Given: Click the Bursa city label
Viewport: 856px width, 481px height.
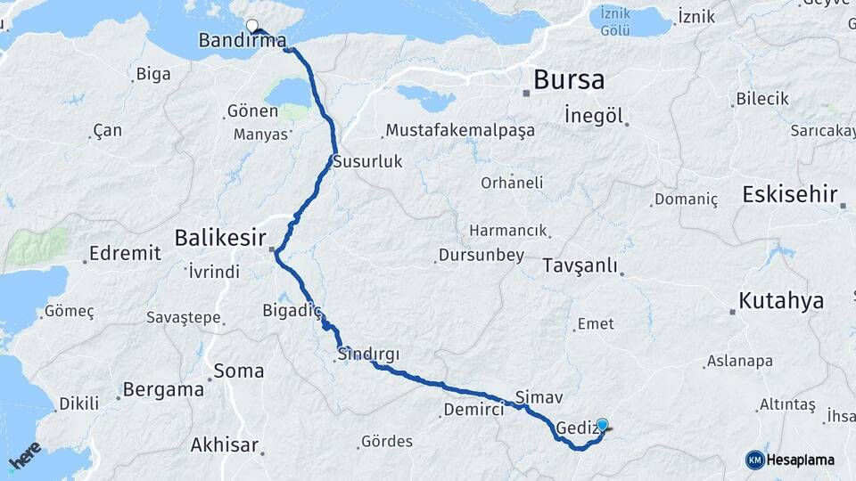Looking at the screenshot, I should [569, 80].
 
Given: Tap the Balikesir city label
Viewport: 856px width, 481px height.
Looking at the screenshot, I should [220, 238].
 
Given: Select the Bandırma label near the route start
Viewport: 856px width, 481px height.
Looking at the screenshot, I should [242, 40].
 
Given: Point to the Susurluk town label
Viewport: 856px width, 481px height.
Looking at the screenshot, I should [368, 162].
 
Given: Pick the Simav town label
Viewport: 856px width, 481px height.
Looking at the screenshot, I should [539, 395].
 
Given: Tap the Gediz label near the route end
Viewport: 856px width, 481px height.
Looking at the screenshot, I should [574, 428].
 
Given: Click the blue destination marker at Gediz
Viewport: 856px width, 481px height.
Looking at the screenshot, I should [603, 426].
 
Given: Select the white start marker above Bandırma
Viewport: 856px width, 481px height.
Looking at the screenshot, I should [251, 26].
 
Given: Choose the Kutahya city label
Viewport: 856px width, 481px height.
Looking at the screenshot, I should [781, 301].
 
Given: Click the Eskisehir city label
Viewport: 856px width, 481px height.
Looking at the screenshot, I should [789, 194].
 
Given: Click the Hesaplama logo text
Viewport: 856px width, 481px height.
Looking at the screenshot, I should [800, 460].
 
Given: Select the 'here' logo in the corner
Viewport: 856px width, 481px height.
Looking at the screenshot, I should [25, 455].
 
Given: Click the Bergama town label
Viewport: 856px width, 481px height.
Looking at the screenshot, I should [163, 389].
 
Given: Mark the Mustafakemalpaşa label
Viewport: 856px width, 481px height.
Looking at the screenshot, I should [460, 131].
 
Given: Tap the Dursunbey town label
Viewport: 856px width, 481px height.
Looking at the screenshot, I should [481, 256].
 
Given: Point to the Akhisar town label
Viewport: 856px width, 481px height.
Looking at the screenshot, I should [225, 444].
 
